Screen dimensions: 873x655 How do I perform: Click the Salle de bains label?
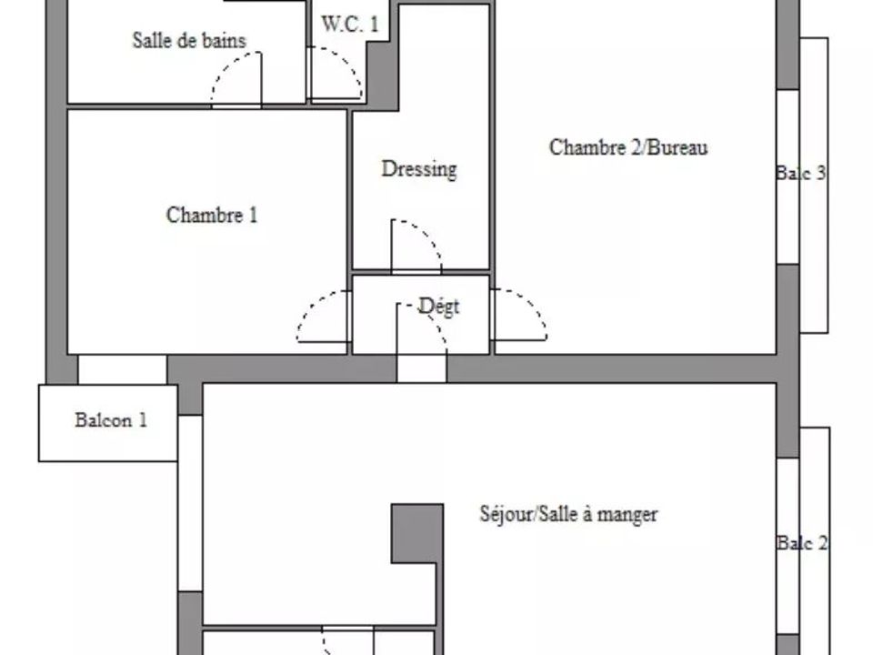click(189, 41)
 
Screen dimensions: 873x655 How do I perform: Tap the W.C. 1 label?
click(349, 24)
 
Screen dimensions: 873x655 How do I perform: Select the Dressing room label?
click(419, 169)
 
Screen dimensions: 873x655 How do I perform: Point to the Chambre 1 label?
click(212, 215)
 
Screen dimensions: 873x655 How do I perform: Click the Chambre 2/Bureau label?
click(628, 147)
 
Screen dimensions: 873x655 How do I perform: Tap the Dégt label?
click(438, 307)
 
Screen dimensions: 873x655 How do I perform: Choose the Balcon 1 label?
click(111, 420)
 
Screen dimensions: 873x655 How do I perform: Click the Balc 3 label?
click(801, 173)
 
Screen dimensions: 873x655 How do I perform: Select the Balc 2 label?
click(802, 542)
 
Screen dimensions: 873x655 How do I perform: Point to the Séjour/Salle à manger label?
click(568, 513)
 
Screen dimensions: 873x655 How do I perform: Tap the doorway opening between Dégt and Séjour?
click(421, 368)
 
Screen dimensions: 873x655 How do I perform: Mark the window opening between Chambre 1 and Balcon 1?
click(123, 369)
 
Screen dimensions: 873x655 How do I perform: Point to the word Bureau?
click(678, 147)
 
